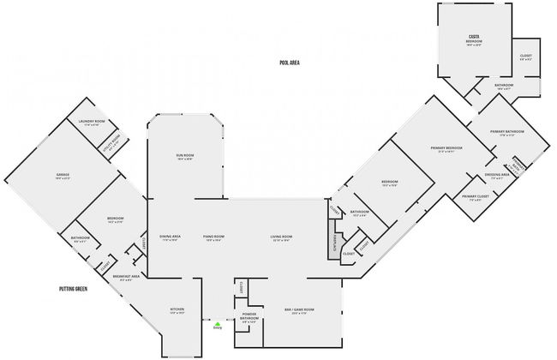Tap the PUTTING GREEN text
point(74,289)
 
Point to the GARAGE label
point(63,176)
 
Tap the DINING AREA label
point(169,237)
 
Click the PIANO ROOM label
point(213,237)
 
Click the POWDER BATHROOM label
point(249,316)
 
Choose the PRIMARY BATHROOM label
point(506,132)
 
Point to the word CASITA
point(473,37)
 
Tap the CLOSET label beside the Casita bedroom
point(526,57)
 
